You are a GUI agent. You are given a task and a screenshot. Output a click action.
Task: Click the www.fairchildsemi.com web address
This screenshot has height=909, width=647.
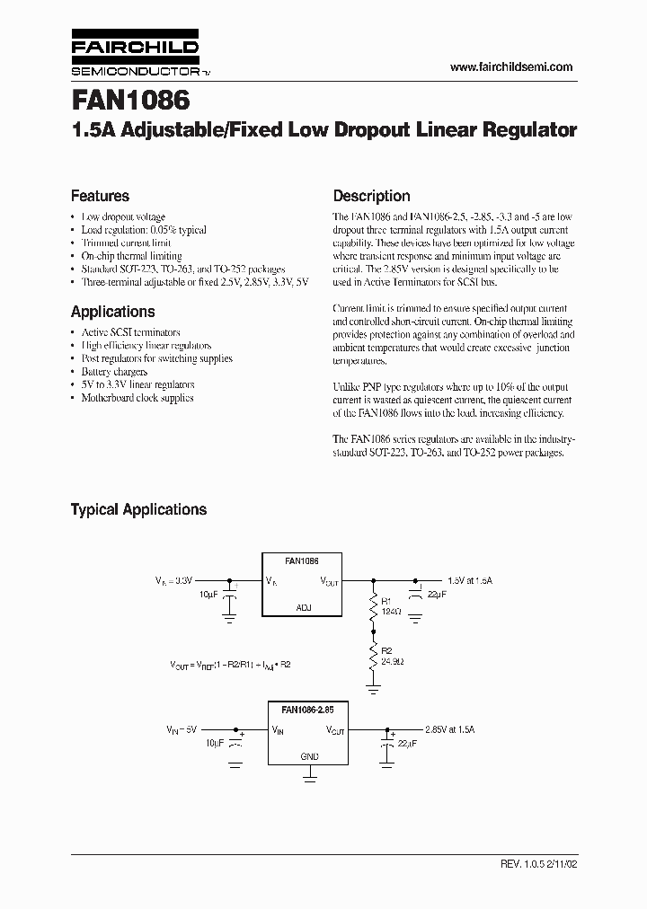click(510, 67)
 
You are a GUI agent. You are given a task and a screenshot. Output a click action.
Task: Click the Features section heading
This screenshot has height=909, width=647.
click(100, 196)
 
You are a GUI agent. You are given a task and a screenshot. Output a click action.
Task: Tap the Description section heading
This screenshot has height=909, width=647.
click(371, 196)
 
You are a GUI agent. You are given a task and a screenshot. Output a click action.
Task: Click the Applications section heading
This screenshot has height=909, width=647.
click(112, 312)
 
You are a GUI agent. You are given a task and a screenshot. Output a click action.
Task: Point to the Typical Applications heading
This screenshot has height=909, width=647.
click(138, 509)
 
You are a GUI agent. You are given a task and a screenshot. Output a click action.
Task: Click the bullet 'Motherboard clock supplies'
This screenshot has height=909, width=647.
click(137, 397)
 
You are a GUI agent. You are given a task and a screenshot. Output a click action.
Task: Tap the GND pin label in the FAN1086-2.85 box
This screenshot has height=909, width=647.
click(309, 756)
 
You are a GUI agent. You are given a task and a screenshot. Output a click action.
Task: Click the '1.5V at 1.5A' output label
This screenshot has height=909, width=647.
click(469, 581)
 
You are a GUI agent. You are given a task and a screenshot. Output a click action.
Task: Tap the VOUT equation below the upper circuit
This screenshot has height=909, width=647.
click(231, 665)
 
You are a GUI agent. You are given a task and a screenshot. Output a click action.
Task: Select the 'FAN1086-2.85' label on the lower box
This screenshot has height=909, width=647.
click(308, 708)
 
